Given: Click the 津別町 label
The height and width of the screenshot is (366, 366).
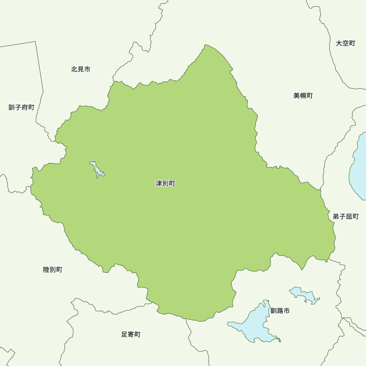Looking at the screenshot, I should coord(165,183).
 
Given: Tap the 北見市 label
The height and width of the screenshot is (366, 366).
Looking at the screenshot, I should coord(81,69).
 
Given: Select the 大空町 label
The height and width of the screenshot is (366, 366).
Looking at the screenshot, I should coord(346,43).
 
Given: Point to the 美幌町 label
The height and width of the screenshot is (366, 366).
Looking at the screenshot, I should coord(303,96).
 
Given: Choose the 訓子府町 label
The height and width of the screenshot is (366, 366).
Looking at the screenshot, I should coord(22,107).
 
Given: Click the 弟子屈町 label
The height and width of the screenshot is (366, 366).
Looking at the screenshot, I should coord(346,216).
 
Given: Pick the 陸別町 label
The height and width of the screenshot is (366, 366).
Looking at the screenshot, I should coord(53,270).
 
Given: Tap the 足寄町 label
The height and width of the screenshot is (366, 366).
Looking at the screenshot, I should coord(131,334).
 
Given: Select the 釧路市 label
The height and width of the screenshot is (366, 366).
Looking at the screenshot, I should coord(280,311).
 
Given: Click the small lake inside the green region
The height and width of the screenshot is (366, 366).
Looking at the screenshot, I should coord(97,169).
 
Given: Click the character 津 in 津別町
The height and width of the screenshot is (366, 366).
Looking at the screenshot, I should coord(159,183).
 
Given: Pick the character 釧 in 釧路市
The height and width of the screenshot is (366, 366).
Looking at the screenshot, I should coord(274,311).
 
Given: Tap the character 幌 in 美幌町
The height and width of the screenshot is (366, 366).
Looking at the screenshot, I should coord(303,96).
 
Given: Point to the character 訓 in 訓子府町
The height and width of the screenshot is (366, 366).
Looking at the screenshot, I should coord(12,107).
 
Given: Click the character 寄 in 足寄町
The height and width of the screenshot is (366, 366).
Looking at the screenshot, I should coord(131,334).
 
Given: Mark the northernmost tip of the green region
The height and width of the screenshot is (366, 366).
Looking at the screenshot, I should coord(206,45).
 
